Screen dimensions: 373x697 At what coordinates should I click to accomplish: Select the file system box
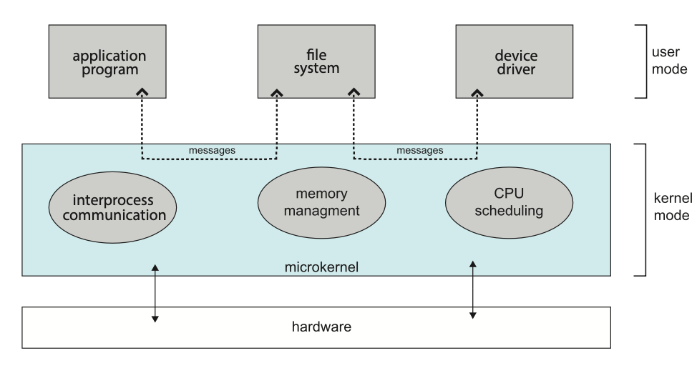(316, 62)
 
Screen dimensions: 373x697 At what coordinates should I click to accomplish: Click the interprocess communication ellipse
(113, 206)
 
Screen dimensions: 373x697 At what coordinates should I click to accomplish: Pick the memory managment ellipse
(316, 202)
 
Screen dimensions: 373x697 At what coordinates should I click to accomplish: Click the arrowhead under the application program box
(143, 93)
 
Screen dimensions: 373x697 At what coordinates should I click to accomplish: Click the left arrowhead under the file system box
(277, 93)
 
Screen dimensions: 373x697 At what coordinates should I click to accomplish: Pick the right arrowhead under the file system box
(354, 93)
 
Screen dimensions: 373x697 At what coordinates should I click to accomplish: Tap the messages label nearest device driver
(421, 151)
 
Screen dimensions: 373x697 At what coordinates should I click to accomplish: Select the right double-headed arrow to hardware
(472, 289)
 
